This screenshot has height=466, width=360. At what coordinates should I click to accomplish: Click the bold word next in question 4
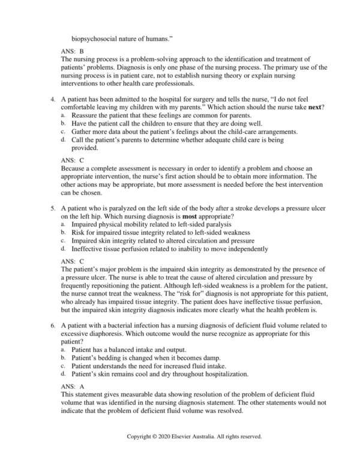[314, 106]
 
